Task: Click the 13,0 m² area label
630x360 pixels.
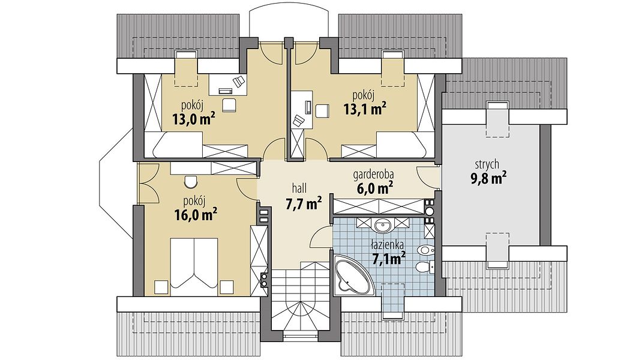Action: click(193, 119)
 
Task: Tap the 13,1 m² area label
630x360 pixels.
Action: click(365, 109)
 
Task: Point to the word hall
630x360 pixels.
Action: click(300, 188)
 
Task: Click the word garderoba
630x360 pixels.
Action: click(373, 175)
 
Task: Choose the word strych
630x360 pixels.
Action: click(487, 164)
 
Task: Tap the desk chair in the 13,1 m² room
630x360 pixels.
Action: click(322, 110)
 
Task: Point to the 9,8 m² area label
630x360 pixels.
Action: click(488, 178)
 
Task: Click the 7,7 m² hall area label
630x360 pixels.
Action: click(303, 204)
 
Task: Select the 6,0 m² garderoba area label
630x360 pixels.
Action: click(374, 188)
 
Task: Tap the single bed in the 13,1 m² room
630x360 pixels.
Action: click(401, 145)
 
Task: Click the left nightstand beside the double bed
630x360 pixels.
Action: click(161, 287)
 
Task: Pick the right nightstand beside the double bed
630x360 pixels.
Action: click(227, 287)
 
